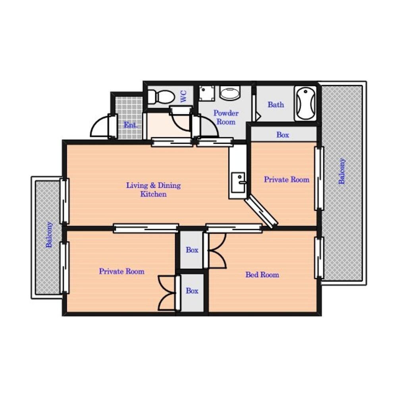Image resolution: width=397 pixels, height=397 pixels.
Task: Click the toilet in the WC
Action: (161, 97)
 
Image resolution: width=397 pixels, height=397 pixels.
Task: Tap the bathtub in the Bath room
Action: (305, 104)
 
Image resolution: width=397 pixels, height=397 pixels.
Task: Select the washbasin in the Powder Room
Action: (229, 93)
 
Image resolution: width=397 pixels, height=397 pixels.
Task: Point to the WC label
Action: (183, 96)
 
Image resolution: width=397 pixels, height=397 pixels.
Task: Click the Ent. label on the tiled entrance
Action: (131, 125)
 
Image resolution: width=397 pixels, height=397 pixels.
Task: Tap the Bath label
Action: (276, 104)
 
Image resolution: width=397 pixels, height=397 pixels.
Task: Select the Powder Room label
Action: (226, 118)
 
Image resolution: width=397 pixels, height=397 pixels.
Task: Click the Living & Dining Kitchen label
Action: (153, 190)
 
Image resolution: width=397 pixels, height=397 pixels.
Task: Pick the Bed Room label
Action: (262, 275)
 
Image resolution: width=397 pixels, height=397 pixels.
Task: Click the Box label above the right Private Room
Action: (283, 135)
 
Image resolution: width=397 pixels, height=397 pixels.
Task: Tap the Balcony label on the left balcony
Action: (49, 235)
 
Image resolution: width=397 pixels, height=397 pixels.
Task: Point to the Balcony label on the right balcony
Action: (342, 171)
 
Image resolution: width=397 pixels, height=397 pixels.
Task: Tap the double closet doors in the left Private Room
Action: (167, 293)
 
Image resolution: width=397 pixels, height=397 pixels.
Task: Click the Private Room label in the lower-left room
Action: (122, 272)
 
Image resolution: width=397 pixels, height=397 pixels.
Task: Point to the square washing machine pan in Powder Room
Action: (206, 93)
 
